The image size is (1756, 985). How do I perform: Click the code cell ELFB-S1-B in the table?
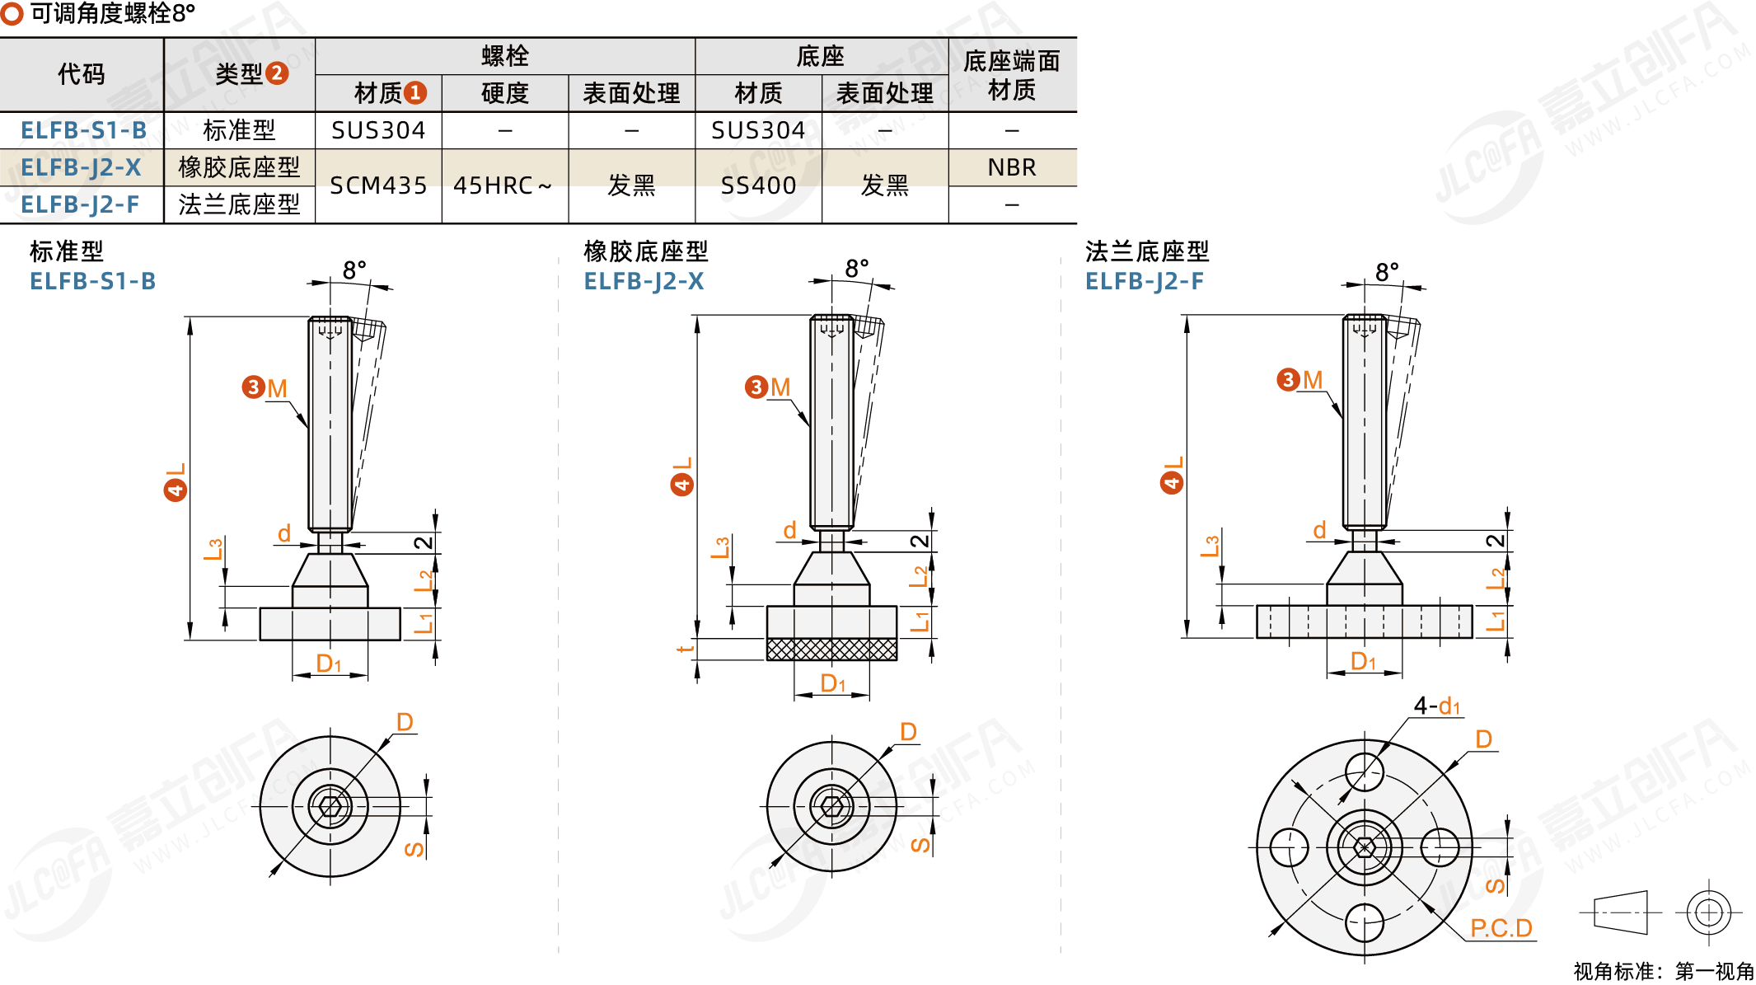(83, 130)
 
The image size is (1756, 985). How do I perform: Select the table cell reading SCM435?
(378, 185)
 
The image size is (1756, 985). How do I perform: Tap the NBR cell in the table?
(1012, 167)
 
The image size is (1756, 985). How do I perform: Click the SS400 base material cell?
(758, 185)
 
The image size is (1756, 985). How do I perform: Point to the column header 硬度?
(504, 93)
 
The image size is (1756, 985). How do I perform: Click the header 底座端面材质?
(1012, 75)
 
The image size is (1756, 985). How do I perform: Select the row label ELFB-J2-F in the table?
(80, 204)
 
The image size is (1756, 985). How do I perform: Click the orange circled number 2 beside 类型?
(278, 73)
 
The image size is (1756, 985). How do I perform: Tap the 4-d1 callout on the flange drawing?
(1437, 706)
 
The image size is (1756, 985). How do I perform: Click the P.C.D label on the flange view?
(1501, 928)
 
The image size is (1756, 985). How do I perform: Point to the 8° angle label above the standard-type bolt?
(354, 270)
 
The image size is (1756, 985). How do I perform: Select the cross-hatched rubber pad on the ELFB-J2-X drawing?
(831, 650)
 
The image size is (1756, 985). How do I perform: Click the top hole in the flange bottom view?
(1364, 772)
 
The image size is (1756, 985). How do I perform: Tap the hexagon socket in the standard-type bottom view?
(330, 806)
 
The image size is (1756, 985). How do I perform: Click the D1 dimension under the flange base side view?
(1363, 661)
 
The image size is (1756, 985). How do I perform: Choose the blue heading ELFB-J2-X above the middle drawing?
(644, 282)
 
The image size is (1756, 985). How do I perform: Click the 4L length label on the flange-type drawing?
(1172, 475)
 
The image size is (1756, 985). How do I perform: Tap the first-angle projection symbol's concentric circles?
(1708, 912)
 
